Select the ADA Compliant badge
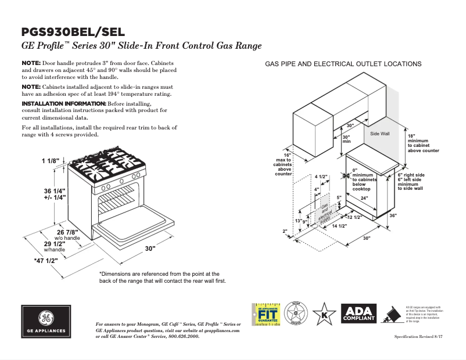click(359, 314)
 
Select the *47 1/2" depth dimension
click(46, 261)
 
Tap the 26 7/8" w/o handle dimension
click(67, 233)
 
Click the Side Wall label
click(380, 134)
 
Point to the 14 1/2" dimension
click(339, 226)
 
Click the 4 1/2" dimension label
click(321, 177)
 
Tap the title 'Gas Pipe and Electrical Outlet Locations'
click(343, 64)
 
